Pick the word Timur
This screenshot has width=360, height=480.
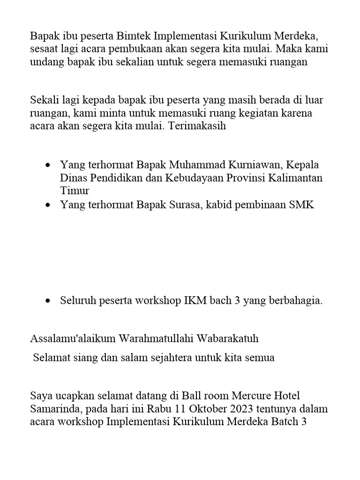point(75,191)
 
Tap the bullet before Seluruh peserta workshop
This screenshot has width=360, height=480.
point(48,301)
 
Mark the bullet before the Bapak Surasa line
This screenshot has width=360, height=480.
point(48,205)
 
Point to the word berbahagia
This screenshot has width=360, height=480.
point(295,301)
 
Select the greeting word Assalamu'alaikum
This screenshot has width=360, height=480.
point(73,338)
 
